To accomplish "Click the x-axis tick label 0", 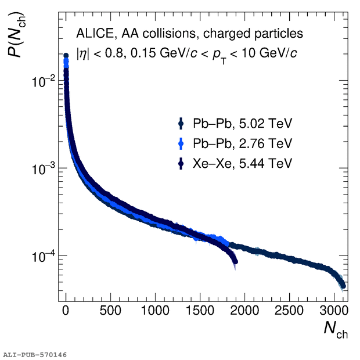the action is [66, 311].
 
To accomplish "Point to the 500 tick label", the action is [110, 311].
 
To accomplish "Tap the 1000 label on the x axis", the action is [155, 311].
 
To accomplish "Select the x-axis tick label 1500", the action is [200, 311].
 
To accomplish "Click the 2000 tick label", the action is [244, 311].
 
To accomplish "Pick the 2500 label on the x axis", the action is [289, 311].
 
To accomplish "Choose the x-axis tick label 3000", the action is [334, 311].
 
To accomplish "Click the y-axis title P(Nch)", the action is [16, 34].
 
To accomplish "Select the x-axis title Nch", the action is [336, 329].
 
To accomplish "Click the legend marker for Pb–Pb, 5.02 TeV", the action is [181, 124].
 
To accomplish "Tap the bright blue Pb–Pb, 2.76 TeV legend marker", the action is [181, 144].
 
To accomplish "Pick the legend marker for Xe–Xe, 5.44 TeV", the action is [181, 164].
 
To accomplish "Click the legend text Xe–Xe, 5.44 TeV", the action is [243, 164].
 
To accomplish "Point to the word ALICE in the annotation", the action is [95, 34].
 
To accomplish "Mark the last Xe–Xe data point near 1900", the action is [235, 261].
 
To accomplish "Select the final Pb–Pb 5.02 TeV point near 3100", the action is [343, 286].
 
